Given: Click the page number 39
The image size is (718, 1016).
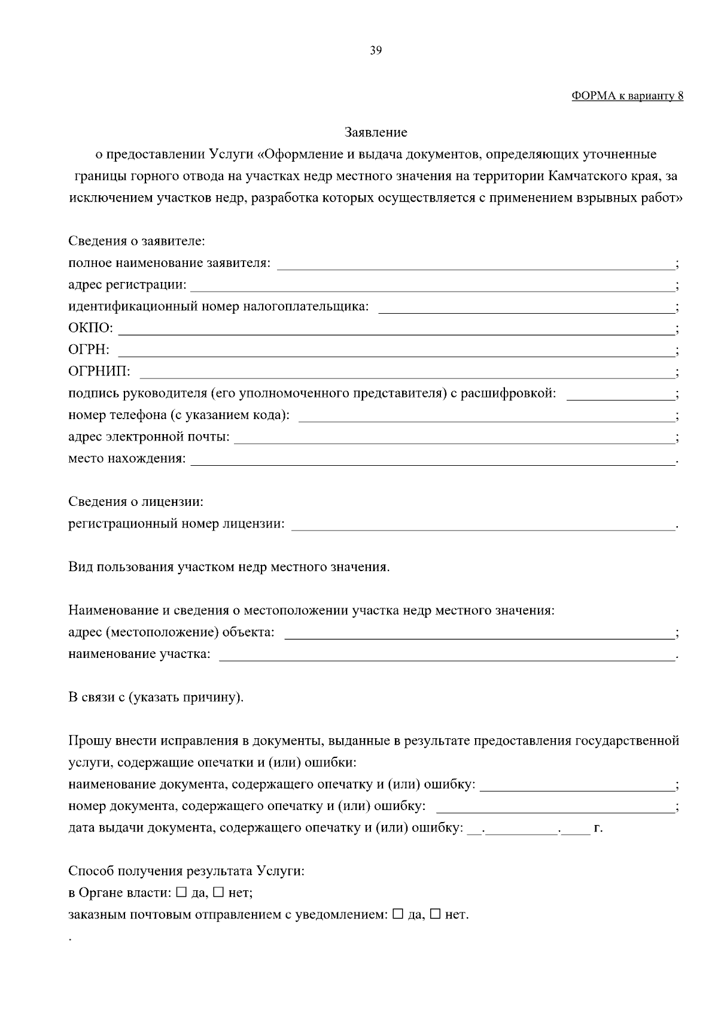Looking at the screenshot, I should point(376,50).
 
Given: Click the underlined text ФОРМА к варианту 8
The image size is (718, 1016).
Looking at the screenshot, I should point(627,96).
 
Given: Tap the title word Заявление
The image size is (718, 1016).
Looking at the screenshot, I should point(376,132).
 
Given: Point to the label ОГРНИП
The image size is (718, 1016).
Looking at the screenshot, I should point(99,372).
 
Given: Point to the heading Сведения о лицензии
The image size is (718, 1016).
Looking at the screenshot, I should point(136,502).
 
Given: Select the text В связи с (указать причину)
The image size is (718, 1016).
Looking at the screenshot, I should point(156,697).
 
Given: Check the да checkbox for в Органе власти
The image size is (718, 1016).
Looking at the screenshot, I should point(181,893).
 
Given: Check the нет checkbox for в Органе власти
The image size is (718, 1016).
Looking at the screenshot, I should point(218,893).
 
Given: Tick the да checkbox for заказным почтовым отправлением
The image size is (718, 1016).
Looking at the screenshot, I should point(398,914).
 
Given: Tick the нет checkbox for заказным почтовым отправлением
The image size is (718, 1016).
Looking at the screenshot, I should point(435,914).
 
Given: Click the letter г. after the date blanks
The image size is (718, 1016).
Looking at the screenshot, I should point(598,829).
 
